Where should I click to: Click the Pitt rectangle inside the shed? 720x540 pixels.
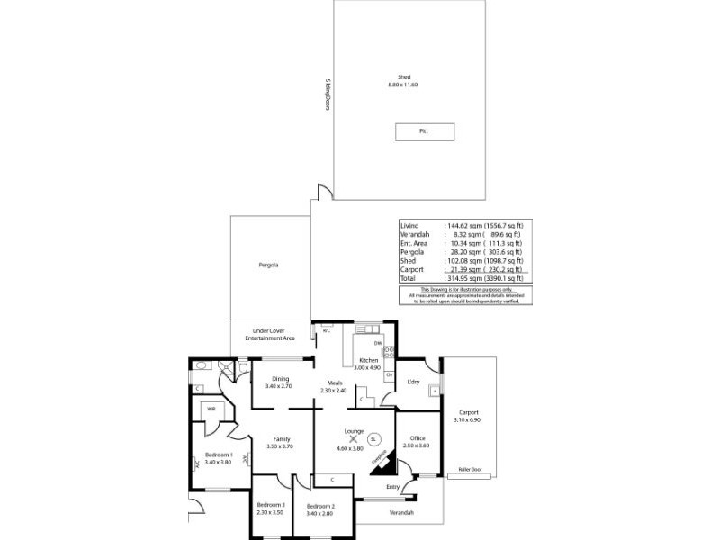tap(425, 131)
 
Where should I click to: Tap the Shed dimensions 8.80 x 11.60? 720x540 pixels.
tap(403, 85)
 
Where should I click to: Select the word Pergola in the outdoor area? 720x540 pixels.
tap(268, 265)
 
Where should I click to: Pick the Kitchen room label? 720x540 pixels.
tap(368, 360)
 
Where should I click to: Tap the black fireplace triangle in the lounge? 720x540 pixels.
tap(384, 462)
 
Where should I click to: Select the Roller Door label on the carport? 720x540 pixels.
tap(471, 470)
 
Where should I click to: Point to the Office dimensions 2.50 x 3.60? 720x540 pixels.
tap(418, 445)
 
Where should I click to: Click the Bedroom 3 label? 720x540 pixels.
tap(270, 505)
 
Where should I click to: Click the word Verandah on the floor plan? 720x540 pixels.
tap(401, 512)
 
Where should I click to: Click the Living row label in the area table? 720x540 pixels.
tap(409, 225)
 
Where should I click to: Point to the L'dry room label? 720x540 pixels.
tap(414, 382)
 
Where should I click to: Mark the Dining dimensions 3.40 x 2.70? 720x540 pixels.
tap(279, 386)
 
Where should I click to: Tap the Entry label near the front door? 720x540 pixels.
tap(392, 487)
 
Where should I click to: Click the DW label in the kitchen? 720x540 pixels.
tap(379, 343)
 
